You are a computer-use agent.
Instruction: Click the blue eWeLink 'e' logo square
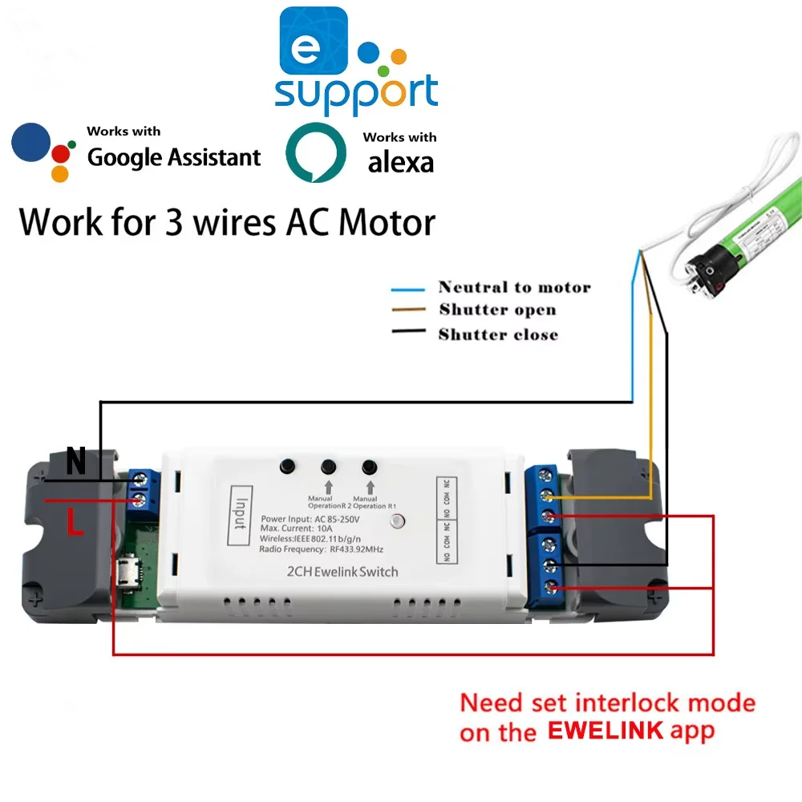point(313,42)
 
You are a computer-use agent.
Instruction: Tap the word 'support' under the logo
point(356,94)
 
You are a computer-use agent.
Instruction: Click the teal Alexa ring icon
point(316,152)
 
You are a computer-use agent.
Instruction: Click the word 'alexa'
point(400,162)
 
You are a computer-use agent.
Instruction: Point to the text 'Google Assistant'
point(174,157)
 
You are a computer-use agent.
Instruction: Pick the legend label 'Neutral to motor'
point(514,287)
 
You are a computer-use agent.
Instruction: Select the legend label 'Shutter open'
point(497,310)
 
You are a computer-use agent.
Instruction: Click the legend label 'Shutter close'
point(498,334)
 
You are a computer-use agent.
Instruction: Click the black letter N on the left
point(75,462)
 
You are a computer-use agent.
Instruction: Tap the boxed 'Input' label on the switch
point(238,516)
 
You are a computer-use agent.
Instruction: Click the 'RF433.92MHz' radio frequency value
point(357,550)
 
